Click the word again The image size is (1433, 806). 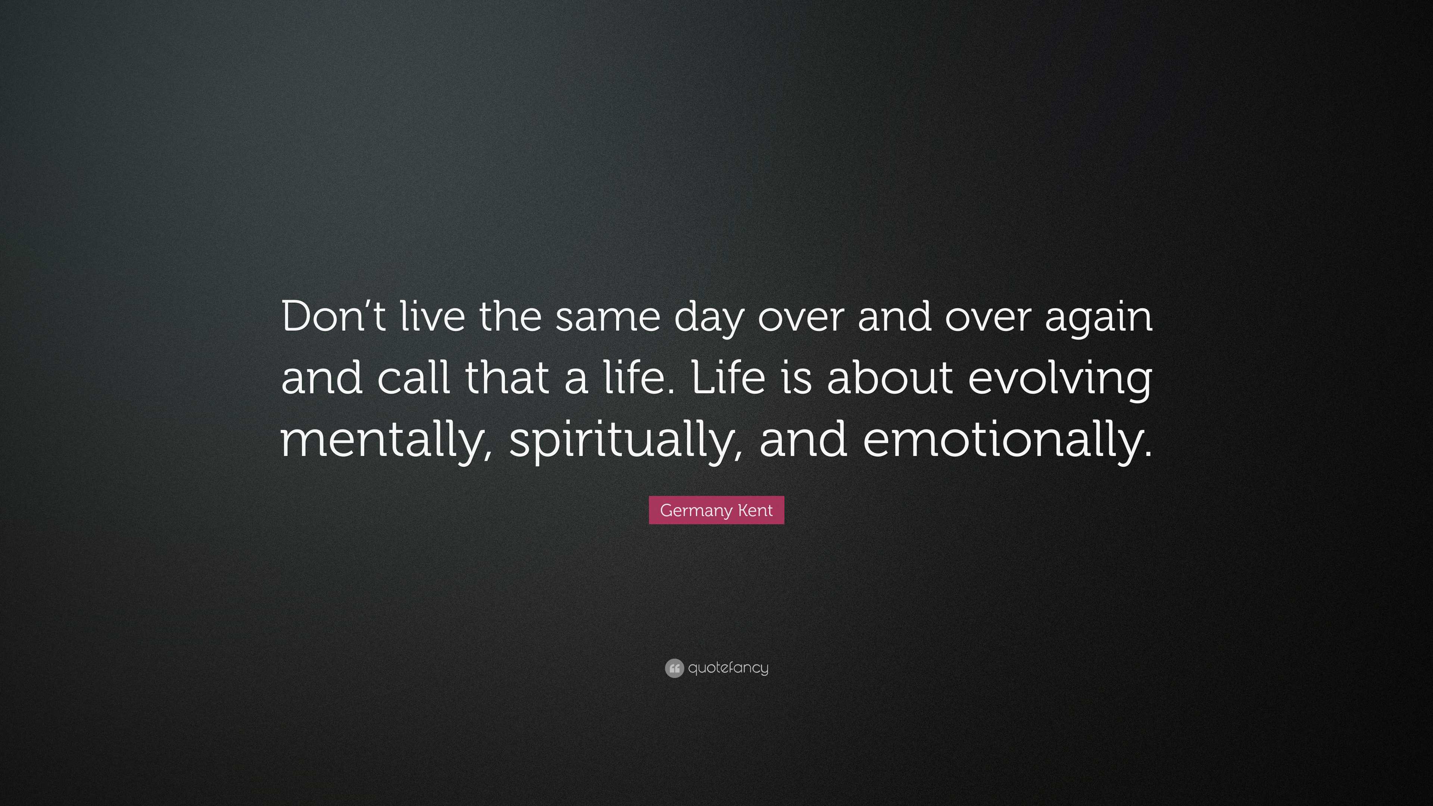click(x=1099, y=320)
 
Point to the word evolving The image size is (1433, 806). click(x=1060, y=381)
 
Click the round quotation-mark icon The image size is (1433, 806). click(x=674, y=668)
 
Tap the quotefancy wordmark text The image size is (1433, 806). click(x=728, y=668)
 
